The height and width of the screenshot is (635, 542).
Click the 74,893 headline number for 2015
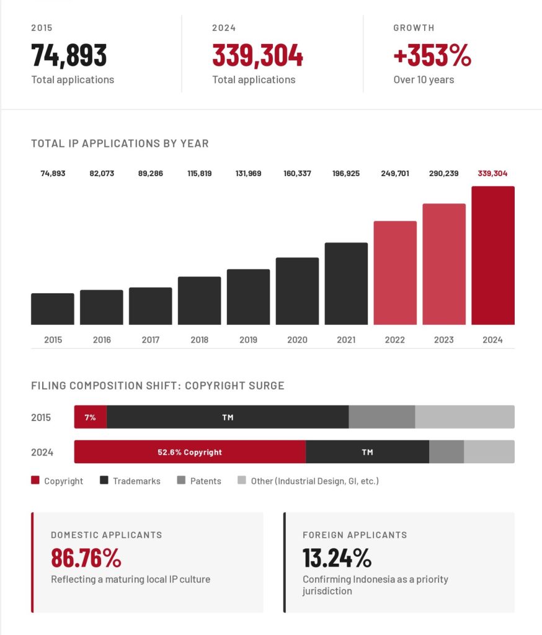pyautogui.click(x=69, y=56)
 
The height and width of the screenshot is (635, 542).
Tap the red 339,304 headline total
pyautogui.click(x=257, y=56)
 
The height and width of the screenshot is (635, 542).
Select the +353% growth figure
pyautogui.click(x=432, y=56)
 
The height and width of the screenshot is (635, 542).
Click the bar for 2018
pyautogui.click(x=199, y=301)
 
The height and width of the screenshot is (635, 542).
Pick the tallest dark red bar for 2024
pyautogui.click(x=492, y=255)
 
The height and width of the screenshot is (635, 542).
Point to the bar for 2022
pyautogui.click(x=395, y=273)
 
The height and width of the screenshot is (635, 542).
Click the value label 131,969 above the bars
pyautogui.click(x=248, y=174)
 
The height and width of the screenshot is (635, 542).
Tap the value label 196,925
pyautogui.click(x=346, y=174)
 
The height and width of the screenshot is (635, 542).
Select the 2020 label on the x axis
pyautogui.click(x=297, y=340)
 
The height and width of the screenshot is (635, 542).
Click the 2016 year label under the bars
pyautogui.click(x=102, y=340)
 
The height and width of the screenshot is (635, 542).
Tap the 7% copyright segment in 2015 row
pyautogui.click(x=91, y=417)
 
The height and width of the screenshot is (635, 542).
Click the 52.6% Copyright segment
pyautogui.click(x=190, y=452)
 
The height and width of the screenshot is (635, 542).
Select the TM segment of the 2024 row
pyautogui.click(x=367, y=452)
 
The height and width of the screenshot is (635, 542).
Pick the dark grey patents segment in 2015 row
pyautogui.click(x=381, y=417)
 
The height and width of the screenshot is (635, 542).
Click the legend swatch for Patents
pyautogui.click(x=181, y=481)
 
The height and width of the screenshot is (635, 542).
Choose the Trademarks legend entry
pyautogui.click(x=136, y=481)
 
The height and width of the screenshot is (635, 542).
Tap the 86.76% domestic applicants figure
pyautogui.click(x=86, y=559)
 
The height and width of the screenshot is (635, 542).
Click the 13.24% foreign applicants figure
pyautogui.click(x=337, y=559)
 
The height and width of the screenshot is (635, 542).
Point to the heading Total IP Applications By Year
pyautogui.click(x=120, y=143)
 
